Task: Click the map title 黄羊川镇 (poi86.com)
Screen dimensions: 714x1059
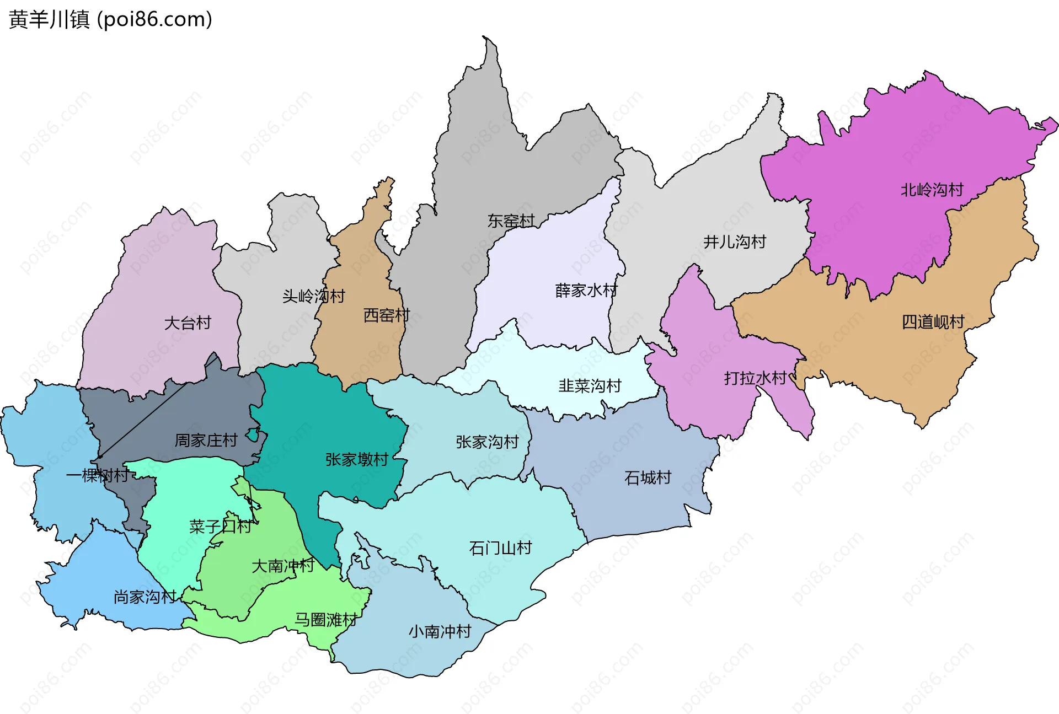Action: coord(110,19)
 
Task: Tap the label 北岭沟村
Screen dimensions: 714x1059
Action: coord(932,190)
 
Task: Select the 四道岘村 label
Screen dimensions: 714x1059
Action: coord(933,321)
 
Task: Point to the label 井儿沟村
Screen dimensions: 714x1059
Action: coord(734,241)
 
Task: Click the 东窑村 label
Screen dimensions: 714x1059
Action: coord(511,221)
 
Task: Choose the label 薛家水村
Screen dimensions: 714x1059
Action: coord(586,290)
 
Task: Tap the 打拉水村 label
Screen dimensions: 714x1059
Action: coord(755,378)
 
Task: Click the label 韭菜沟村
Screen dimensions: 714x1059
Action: coord(590,385)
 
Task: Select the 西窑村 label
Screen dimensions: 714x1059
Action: coord(386,315)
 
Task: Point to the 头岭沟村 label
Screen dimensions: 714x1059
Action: coord(313,296)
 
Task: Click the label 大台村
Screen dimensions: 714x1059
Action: coord(188,323)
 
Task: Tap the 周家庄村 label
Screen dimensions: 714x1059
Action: coord(206,440)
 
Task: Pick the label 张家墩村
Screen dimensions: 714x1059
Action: coord(356,459)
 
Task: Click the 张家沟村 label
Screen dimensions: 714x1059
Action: coord(487,442)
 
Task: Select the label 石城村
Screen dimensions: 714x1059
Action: coord(648,477)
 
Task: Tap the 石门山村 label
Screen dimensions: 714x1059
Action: coord(500,548)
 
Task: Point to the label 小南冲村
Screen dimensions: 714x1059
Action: coord(440,631)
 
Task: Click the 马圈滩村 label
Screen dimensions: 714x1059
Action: coord(325,620)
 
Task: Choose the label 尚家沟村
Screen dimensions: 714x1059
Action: coord(145,597)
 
